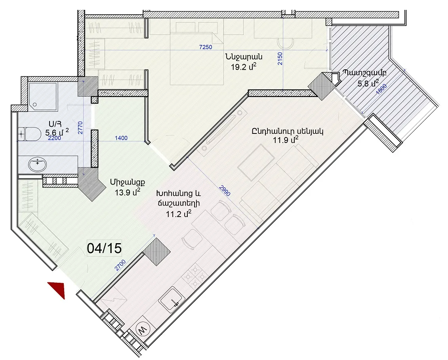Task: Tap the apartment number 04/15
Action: [104, 248]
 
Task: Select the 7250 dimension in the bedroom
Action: [206, 47]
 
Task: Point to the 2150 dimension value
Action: [280, 58]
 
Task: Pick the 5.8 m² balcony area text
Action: [368, 84]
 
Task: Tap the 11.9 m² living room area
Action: [286, 140]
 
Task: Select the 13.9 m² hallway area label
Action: [128, 192]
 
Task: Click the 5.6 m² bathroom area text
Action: [57, 133]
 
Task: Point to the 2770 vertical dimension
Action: [80, 128]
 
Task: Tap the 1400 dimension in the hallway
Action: [121, 138]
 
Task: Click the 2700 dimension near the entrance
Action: [120, 265]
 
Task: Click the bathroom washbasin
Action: [37, 165]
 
